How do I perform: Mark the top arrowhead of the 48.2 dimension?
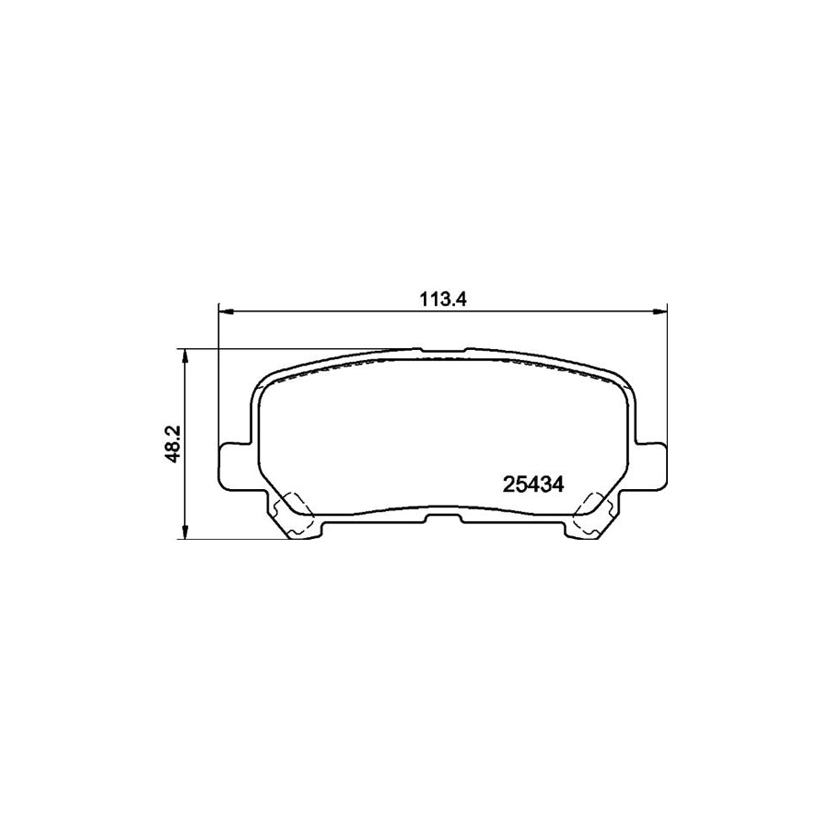[x=185, y=355]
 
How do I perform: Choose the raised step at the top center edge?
[x=442, y=350]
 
